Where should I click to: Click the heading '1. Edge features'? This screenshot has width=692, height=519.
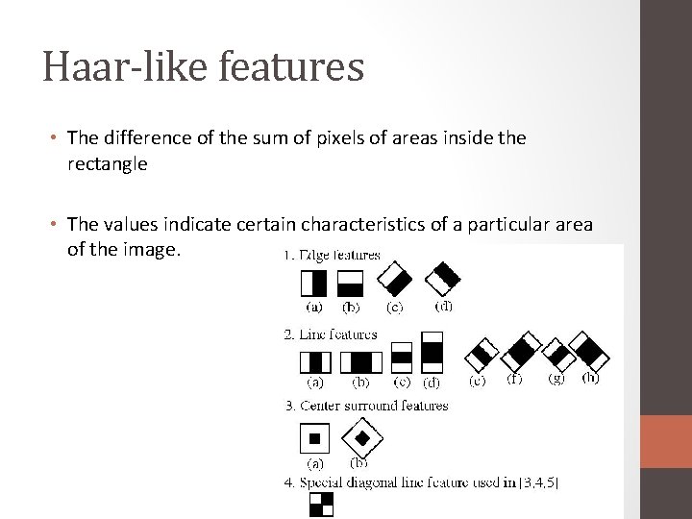tap(332, 256)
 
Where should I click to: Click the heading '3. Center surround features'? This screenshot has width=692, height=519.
tap(366, 406)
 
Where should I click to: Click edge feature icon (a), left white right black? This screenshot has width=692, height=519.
tap(313, 283)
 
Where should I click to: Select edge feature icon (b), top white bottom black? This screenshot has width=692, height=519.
tap(350, 283)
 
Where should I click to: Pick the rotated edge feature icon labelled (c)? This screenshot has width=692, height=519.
tap(394, 280)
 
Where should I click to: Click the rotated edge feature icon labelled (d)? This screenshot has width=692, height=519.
tap(443, 278)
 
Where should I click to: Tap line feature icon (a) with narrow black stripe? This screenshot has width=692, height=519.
tap(315, 362)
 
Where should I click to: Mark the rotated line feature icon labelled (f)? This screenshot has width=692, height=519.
tap(519, 353)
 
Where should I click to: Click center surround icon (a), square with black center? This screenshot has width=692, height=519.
tap(314, 439)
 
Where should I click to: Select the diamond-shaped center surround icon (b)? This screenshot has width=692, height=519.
tap(361, 439)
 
